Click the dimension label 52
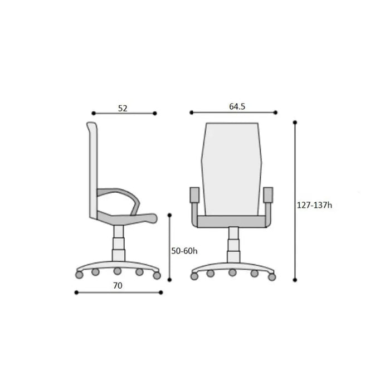[x=123, y=108]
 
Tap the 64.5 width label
[x=237, y=106]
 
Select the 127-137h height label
[x=314, y=205]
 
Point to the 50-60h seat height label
[x=184, y=251]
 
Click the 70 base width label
[x=118, y=286]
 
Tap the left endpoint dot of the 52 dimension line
[x=94, y=114]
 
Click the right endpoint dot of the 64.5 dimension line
[x=275, y=113]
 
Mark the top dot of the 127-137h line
[x=295, y=123]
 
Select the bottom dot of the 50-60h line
[x=169, y=280]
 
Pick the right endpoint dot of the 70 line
[x=160, y=292]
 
